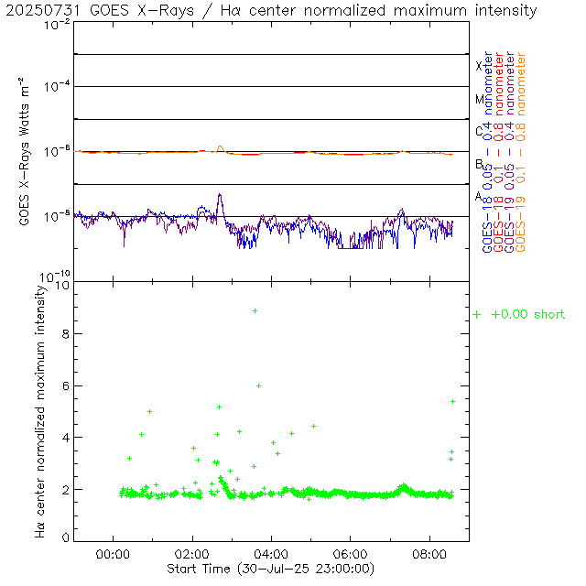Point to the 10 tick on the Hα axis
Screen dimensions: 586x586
click(63, 285)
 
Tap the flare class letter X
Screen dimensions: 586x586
click(479, 66)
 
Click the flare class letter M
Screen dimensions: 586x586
click(479, 99)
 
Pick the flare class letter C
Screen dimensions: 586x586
click(479, 131)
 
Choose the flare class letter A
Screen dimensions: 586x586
click(479, 197)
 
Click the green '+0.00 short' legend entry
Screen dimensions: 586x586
click(519, 315)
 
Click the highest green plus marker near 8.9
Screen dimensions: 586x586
click(255, 311)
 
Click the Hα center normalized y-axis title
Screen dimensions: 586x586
click(40, 410)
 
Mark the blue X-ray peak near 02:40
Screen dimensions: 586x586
click(220, 195)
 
